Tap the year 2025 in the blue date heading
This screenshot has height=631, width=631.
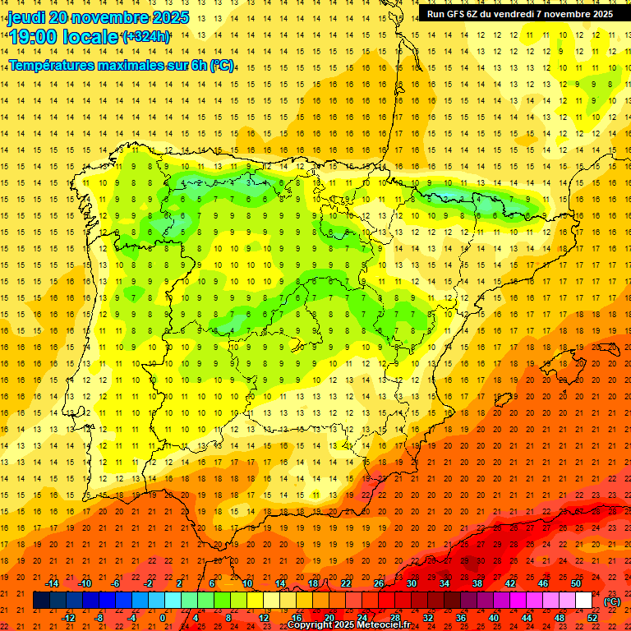point(168,17)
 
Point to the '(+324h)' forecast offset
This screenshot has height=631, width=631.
point(145,36)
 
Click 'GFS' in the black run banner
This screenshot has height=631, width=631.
point(459,14)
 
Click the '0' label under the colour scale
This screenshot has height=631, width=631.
point(163,617)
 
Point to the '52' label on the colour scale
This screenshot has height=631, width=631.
point(592,617)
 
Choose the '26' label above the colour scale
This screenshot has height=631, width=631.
point(379,583)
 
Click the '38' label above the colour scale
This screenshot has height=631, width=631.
point(477,583)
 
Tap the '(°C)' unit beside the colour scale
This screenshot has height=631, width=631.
point(612,601)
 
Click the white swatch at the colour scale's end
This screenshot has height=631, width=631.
point(584,601)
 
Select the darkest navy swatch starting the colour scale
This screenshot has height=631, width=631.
point(41,601)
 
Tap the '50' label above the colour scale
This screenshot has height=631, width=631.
point(576,583)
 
